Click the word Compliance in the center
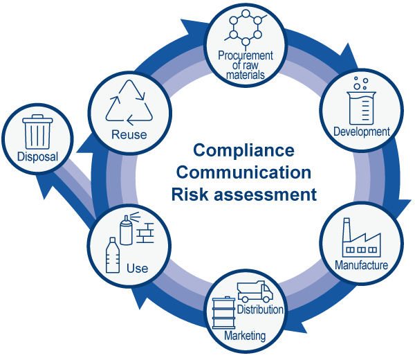(243, 150)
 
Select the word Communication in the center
(243, 172)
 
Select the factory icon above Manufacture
(361, 240)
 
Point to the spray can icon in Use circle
(126, 228)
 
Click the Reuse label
(129, 134)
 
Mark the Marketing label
(245, 336)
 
